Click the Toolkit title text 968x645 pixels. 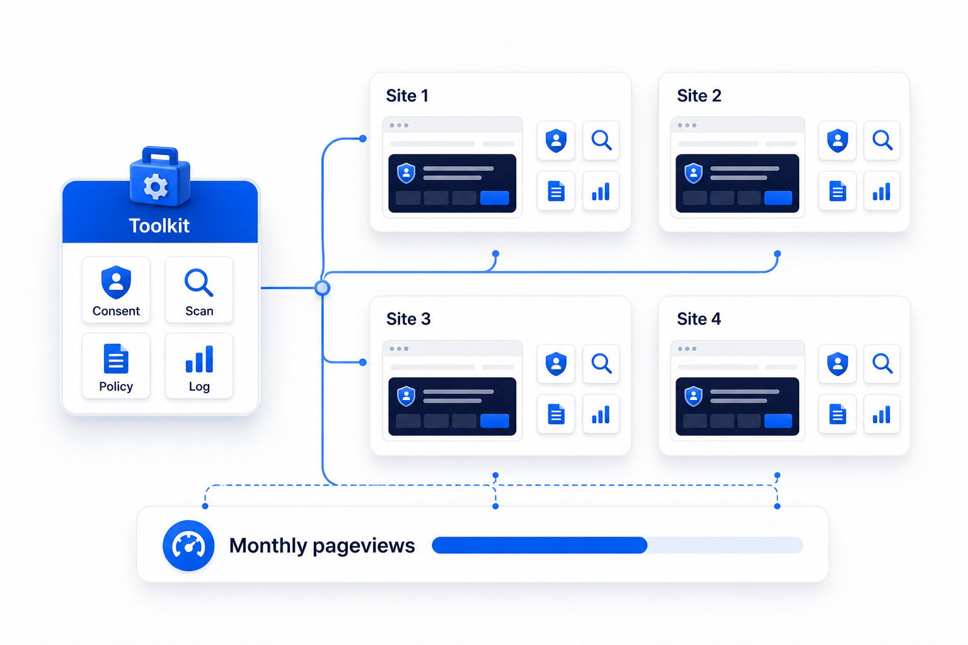click(159, 225)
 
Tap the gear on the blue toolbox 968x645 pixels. click(156, 186)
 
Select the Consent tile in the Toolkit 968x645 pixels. click(116, 290)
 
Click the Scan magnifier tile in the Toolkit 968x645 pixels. click(199, 290)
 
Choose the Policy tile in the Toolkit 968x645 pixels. click(116, 366)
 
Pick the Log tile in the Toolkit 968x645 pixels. click(199, 366)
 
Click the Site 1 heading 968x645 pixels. click(407, 96)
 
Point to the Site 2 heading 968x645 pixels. click(699, 96)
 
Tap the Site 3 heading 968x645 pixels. click(408, 319)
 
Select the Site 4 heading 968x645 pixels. click(699, 319)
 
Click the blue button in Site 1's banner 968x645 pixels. click(495, 198)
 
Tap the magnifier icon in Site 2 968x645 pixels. click(882, 140)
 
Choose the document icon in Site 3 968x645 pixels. click(556, 414)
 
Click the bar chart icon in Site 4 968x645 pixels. click(882, 414)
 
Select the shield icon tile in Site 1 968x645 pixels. click(556, 140)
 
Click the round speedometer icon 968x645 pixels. click(188, 545)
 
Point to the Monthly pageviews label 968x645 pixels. click(322, 545)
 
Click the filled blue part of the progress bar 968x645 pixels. click(539, 545)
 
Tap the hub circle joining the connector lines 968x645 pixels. click(323, 288)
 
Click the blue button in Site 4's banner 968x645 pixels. click(778, 421)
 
